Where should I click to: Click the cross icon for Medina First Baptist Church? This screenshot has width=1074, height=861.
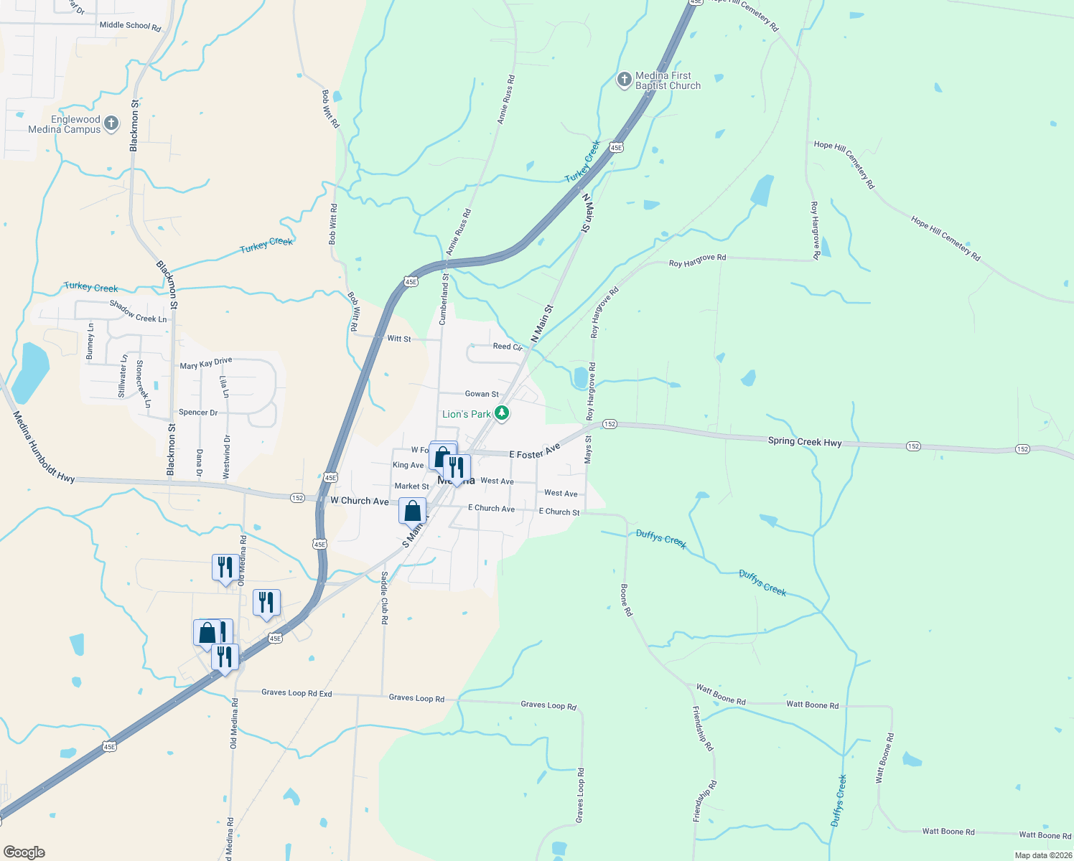[x=625, y=80]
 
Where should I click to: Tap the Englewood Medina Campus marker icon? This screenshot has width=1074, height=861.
[x=111, y=123]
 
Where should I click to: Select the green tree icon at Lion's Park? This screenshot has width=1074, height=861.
[x=502, y=413]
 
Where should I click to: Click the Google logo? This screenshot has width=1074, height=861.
[x=24, y=852]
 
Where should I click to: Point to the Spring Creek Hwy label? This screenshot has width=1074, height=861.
[x=804, y=442]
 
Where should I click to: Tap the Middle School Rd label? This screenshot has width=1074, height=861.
[x=130, y=26]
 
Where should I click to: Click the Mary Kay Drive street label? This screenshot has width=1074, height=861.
[x=206, y=363]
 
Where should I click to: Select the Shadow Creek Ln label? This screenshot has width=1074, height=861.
[x=138, y=311]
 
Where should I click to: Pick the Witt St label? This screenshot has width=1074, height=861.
[x=399, y=339]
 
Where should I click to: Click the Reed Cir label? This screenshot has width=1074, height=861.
[x=508, y=347]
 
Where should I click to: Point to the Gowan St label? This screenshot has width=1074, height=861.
[x=482, y=394]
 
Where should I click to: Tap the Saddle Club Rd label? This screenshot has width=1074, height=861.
[x=384, y=597]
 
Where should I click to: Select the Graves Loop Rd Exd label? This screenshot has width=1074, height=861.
[x=296, y=693]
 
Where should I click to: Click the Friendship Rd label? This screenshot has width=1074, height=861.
[x=703, y=728]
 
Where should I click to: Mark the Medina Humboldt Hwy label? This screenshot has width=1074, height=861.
[x=43, y=447]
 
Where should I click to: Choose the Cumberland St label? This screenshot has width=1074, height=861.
[x=444, y=297]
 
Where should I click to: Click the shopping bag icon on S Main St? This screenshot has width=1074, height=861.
[x=412, y=511]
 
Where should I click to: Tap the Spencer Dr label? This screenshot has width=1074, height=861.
[x=198, y=413]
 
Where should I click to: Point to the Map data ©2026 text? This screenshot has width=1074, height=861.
[x=1043, y=855]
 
